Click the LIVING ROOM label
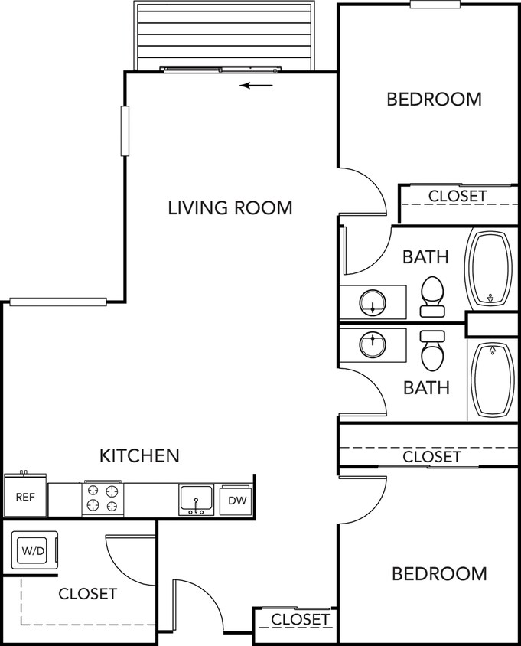point(230,207)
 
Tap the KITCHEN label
point(139,456)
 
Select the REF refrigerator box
point(25,497)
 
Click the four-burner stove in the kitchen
point(103,498)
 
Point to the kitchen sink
point(197,500)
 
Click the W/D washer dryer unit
point(32,550)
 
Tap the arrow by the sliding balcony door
point(256,85)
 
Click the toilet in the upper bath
point(432,295)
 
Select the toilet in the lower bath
point(432,351)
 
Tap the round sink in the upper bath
point(373,303)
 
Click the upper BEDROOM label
point(434,100)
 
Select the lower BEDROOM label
point(438,574)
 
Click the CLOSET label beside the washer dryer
point(87,593)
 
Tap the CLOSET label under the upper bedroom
point(457,196)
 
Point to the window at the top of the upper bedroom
point(434,5)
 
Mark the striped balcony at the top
point(223,34)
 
